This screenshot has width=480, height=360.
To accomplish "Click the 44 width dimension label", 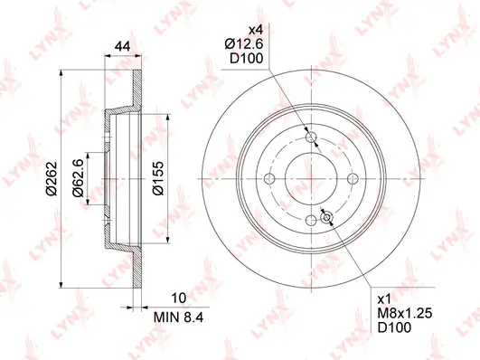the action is coord(122,46).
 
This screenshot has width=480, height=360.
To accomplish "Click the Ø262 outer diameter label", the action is coord(52,178).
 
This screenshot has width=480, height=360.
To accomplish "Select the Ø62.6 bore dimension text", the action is coord(78,178).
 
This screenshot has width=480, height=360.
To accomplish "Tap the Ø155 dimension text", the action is coord(158,178).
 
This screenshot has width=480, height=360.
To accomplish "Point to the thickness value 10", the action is coord(179,298).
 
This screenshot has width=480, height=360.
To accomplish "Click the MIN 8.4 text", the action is coord(178,317).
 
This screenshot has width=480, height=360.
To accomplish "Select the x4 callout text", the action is coord(256,30).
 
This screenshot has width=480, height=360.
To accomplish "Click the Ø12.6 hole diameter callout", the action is coord(244,44).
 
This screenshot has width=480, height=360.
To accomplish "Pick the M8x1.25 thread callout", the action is coord(405,313).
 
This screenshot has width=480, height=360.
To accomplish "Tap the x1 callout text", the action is coord(385,298).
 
